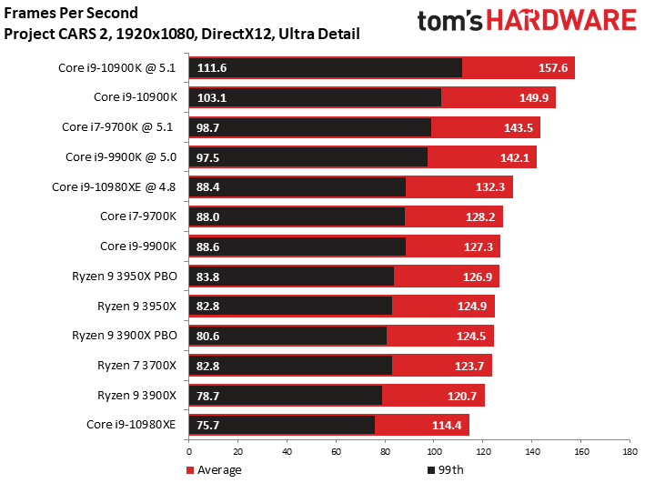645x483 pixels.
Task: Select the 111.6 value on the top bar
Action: point(212,68)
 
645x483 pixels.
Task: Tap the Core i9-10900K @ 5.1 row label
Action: point(118,68)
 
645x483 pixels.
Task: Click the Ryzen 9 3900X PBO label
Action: point(125,336)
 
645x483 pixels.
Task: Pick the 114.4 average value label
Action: point(447,425)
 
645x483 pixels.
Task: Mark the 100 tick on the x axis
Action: point(433,450)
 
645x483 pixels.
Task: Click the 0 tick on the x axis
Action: point(189,450)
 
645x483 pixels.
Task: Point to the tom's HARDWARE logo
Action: point(526,22)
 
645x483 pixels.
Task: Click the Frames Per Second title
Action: point(71,13)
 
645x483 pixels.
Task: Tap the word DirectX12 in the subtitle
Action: point(239,34)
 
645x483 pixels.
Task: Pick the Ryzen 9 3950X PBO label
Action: point(125,277)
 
